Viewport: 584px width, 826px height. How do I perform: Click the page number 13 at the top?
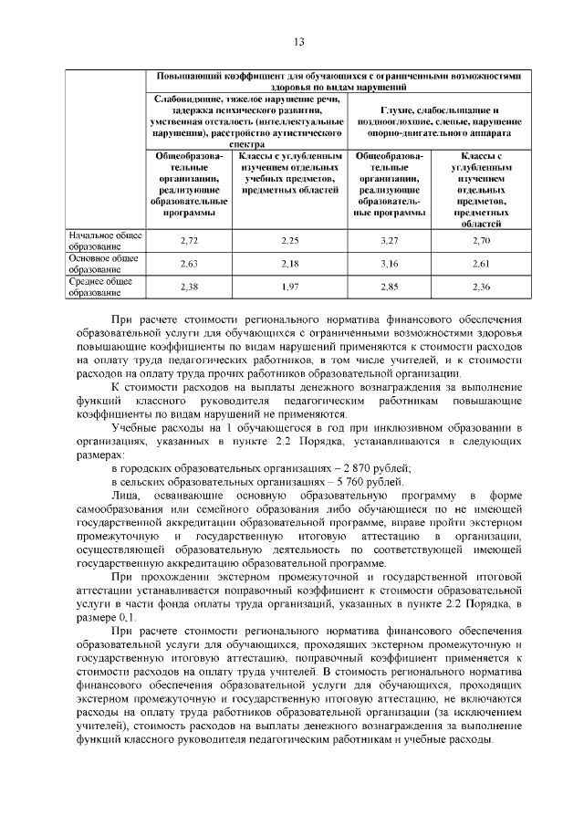tap(298, 41)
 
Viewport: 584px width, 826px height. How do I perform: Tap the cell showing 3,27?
tap(391, 240)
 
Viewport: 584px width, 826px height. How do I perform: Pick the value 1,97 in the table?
tap(289, 287)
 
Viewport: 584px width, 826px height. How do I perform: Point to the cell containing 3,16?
tap(391, 264)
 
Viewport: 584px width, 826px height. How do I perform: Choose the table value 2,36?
tap(481, 287)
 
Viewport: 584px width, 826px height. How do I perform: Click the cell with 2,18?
tap(289, 264)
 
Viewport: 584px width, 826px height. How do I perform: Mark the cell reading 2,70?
tap(481, 240)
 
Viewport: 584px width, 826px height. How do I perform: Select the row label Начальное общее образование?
tap(105, 240)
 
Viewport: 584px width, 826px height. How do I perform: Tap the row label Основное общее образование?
tap(103, 264)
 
